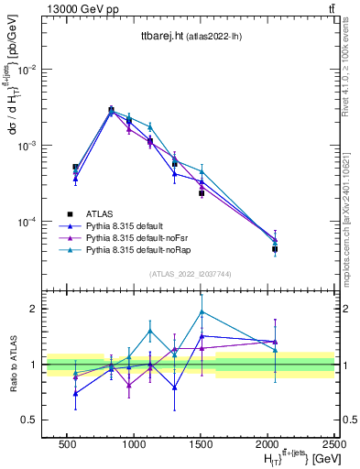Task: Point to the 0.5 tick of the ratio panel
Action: coord(31,420)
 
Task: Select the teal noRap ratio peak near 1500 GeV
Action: coord(202,311)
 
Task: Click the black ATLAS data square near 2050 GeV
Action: coord(275,248)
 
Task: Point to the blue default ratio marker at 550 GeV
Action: coord(75,393)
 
